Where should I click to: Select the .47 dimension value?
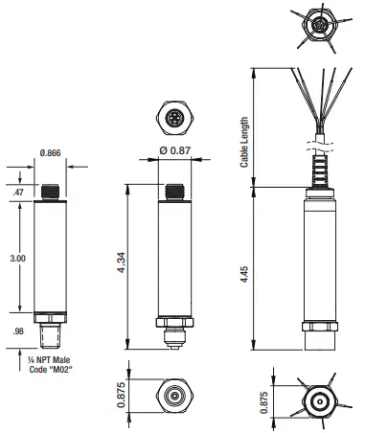[16, 193]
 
